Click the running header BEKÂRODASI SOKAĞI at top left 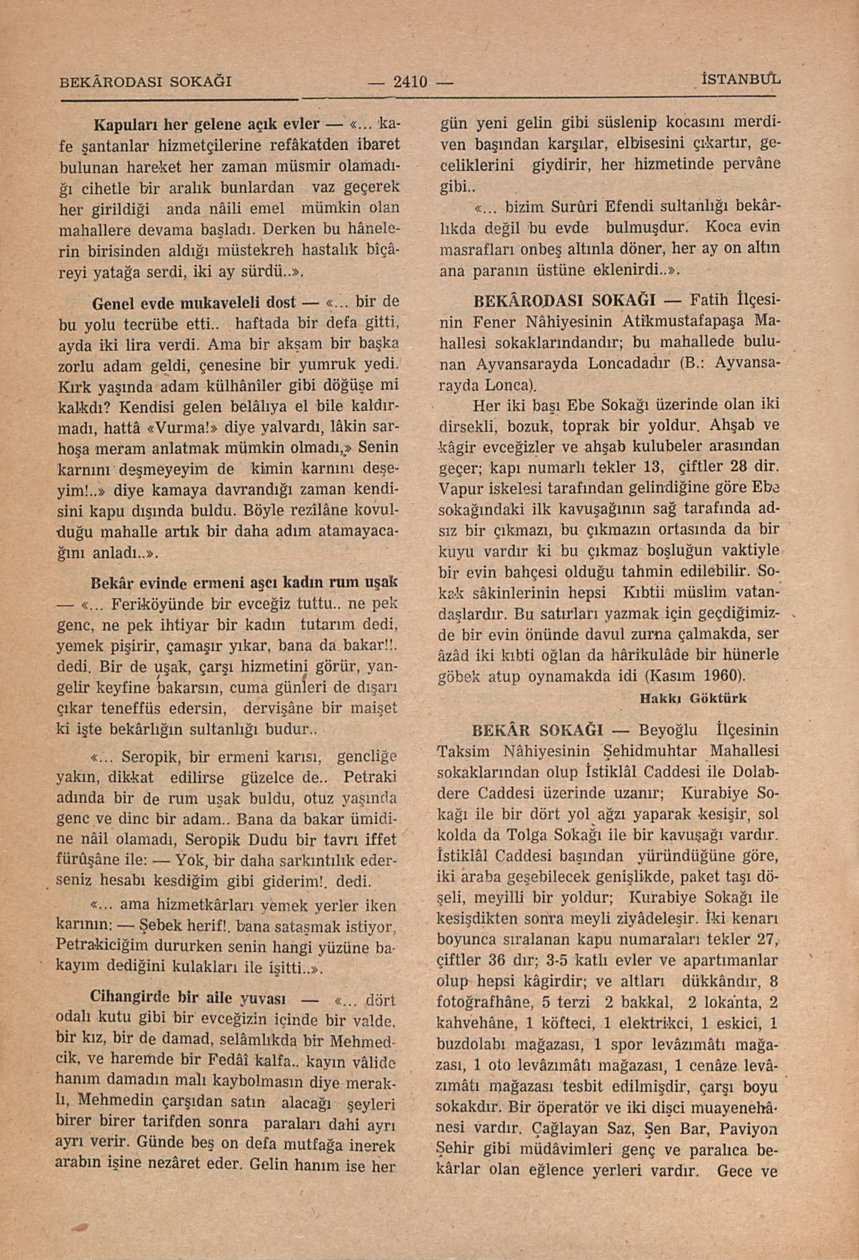(x=145, y=82)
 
